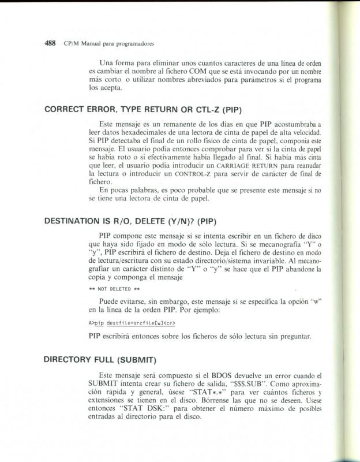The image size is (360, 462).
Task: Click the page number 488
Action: pyautogui.click(x=50, y=43)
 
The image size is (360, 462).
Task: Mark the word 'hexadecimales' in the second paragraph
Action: pyautogui.click(x=152, y=133)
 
